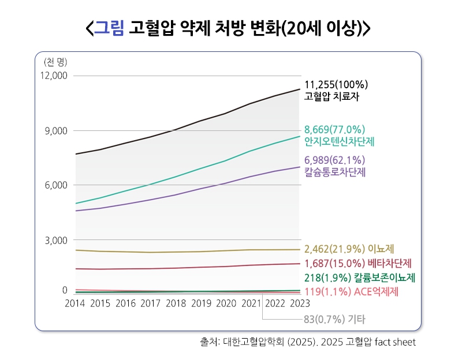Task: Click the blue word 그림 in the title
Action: point(109,28)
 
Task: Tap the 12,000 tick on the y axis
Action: point(54,76)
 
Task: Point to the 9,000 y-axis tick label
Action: point(56,131)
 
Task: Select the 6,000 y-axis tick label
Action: point(56,185)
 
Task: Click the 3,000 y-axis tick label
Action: point(56,240)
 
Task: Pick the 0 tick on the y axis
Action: point(65,290)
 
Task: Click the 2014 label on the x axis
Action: point(75,303)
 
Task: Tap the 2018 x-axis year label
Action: point(176,303)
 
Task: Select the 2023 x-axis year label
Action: point(300,303)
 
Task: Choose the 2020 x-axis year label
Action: point(226,303)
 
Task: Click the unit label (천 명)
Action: point(55,62)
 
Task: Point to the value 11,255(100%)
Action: point(336,85)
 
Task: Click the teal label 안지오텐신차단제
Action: point(340,141)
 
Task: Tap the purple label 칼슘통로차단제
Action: point(335,172)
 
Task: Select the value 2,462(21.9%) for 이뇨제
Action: point(335,249)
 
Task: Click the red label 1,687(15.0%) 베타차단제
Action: point(358,263)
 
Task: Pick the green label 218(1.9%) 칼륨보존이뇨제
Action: point(360,277)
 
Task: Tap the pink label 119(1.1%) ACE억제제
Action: point(351,291)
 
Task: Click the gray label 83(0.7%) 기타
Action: point(334,319)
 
